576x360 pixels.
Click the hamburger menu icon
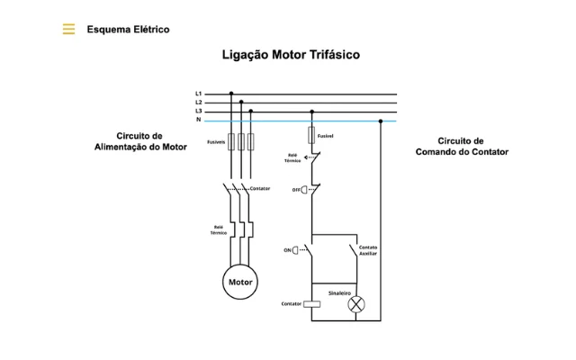coord(68,29)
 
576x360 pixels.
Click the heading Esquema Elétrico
coord(128,29)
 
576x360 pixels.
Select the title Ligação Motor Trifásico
coord(291,55)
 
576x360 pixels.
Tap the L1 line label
coord(198,94)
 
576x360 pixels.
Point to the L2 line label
coord(198,103)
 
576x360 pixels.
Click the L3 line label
coord(198,112)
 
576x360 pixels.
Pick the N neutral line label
coord(198,121)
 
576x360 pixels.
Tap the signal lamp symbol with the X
coord(356,304)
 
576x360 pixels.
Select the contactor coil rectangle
coord(311,304)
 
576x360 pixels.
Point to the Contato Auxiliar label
coord(368,250)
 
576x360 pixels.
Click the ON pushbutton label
coord(288,249)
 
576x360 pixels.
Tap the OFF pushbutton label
coord(296,190)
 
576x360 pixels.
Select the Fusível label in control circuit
coord(325,135)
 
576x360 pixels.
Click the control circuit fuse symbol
coord(311,135)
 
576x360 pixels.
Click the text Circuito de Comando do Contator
coord(462,147)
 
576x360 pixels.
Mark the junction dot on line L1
coord(231,94)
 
